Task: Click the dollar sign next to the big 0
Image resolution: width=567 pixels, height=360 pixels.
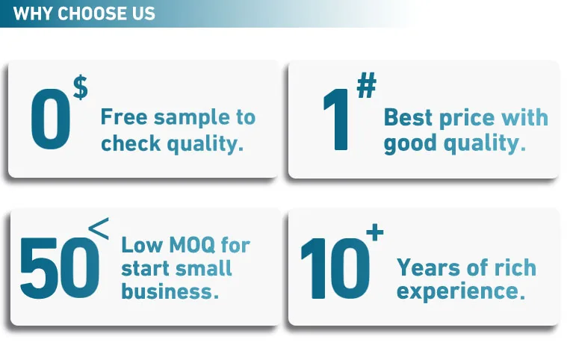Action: (80, 87)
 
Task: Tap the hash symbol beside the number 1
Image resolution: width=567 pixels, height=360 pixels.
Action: (367, 85)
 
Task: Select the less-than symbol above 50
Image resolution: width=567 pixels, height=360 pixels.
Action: (99, 229)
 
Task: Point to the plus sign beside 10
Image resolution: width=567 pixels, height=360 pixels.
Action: (374, 232)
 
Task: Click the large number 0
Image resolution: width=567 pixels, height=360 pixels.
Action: (51, 120)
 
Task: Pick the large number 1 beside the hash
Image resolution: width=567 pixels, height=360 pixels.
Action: (336, 120)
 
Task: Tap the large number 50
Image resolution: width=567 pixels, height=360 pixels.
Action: (60, 268)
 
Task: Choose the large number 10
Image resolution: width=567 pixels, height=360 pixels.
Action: (335, 268)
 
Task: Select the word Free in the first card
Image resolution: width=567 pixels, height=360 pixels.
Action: (124, 117)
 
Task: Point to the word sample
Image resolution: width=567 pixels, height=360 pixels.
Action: (192, 119)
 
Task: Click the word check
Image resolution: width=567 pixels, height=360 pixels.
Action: (131, 143)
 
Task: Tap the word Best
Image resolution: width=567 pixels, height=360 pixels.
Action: (408, 117)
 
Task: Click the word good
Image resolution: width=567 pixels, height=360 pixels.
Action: (410, 144)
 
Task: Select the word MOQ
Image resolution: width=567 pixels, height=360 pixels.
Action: (192, 245)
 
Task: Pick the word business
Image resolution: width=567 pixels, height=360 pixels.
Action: (170, 291)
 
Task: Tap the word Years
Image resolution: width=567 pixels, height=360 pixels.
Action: (428, 268)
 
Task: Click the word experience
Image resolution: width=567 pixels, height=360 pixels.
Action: (460, 292)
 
